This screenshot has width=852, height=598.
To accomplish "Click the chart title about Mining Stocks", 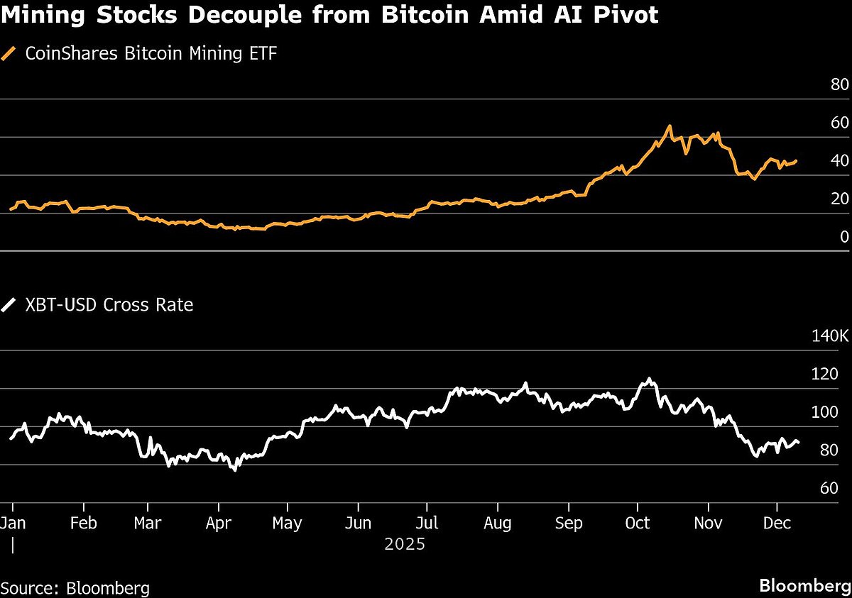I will click(x=330, y=15).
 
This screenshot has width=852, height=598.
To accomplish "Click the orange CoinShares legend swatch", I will click(x=9, y=53).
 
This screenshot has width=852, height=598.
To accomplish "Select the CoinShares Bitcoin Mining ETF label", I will click(x=151, y=53).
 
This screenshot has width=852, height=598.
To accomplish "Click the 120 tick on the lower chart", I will click(x=835, y=374).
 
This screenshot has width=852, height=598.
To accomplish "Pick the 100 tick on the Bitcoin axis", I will click(x=835, y=412).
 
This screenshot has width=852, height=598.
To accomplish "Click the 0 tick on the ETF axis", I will click(x=844, y=237).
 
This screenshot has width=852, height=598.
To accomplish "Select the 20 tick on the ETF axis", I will click(x=839, y=199).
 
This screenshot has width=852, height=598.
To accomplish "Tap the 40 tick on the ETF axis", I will click(x=839, y=161).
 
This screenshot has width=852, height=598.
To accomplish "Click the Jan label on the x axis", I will click(x=13, y=524).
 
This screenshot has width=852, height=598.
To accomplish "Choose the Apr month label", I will click(x=218, y=524).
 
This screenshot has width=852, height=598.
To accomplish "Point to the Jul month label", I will click(x=427, y=524).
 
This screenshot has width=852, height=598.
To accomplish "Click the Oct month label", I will click(x=638, y=524).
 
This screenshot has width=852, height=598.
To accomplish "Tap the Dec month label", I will click(x=777, y=524).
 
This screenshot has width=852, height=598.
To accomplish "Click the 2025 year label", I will click(x=404, y=545).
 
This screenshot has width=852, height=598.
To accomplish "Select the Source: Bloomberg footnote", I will click(x=75, y=588).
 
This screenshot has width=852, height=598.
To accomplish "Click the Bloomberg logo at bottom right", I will click(x=804, y=587).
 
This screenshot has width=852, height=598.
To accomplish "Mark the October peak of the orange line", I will click(x=669, y=126).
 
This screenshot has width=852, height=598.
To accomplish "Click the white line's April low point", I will click(x=235, y=470).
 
